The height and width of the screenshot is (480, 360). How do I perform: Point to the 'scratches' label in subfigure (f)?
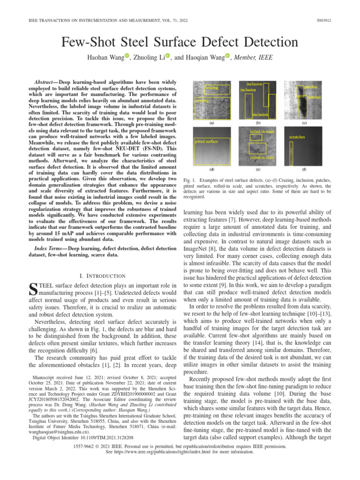click(298, 138)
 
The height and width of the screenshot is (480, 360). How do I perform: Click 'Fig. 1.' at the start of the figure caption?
click(187, 180)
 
